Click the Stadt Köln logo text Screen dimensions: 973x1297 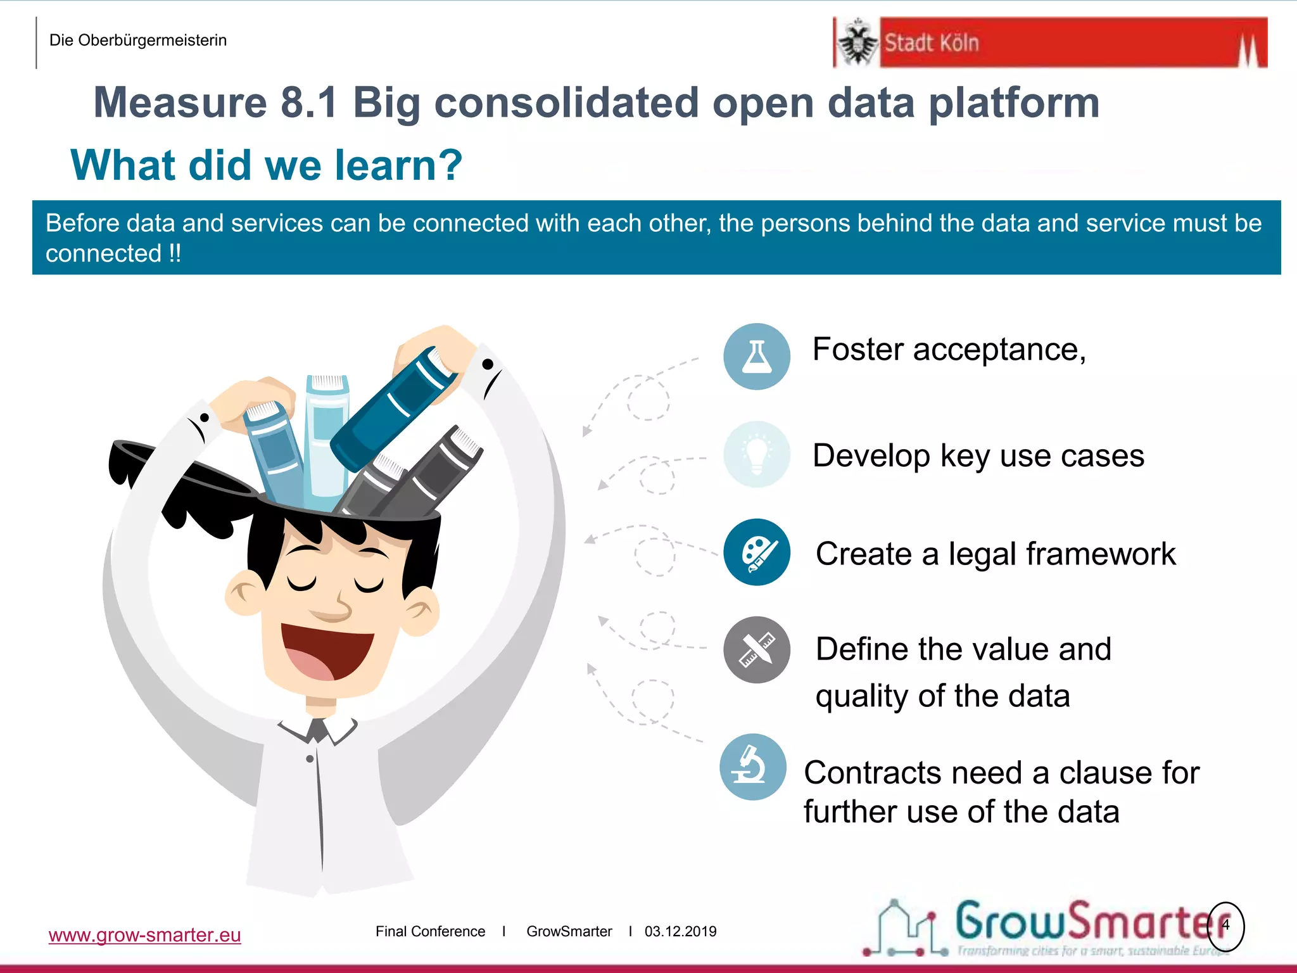pyautogui.click(x=931, y=43)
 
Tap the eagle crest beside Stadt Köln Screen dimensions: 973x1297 pyautogui.click(x=857, y=42)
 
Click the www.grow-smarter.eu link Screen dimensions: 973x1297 pyautogui.click(x=144, y=935)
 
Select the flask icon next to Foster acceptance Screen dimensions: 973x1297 pyautogui.click(x=757, y=356)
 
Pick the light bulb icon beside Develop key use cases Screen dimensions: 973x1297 pyautogui.click(x=757, y=454)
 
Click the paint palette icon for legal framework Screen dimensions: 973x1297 pyautogui.click(x=757, y=552)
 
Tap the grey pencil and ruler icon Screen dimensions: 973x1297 pyautogui.click(x=757, y=650)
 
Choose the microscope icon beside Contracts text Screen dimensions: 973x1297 pyautogui.click(x=752, y=766)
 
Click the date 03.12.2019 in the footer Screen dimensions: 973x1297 pyautogui.click(x=680, y=931)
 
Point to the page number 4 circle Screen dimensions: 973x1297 pyautogui.click(x=1225, y=925)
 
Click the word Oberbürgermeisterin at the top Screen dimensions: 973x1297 pyautogui.click(x=152, y=41)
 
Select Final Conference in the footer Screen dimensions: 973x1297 pyautogui.click(x=430, y=931)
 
